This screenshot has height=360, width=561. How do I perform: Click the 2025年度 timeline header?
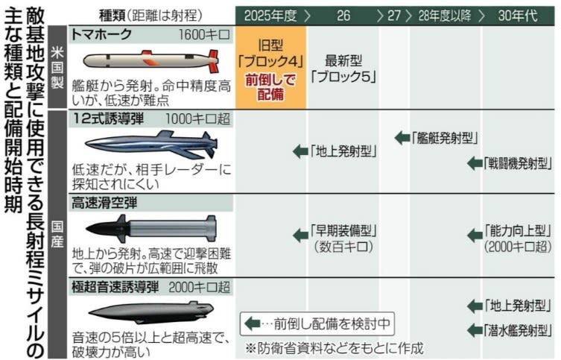[x=271, y=16]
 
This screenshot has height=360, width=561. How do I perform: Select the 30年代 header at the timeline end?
[x=518, y=16]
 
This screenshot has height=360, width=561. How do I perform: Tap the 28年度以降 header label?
[x=445, y=16]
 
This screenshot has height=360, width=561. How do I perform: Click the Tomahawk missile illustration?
[x=150, y=60]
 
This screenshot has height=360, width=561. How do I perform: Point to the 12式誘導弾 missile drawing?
[x=150, y=144]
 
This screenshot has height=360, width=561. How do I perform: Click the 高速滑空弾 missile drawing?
[x=150, y=227]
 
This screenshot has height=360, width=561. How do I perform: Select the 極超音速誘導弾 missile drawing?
[x=150, y=312]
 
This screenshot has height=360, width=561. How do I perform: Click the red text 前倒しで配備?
[x=270, y=87]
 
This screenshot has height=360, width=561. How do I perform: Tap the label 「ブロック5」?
[x=343, y=77]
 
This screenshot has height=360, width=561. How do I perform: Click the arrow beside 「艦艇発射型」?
[x=402, y=137]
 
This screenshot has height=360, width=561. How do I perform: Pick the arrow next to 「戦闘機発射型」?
[x=475, y=163]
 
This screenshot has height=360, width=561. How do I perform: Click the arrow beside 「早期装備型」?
[x=300, y=235]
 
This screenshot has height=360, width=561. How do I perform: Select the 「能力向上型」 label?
[x=518, y=231]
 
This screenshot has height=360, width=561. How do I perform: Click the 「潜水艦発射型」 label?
[x=518, y=330]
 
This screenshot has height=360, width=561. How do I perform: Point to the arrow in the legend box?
[x=253, y=323]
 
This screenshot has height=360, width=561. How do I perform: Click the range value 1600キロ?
[x=204, y=35]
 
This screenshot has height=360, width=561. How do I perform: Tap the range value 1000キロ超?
[x=198, y=119]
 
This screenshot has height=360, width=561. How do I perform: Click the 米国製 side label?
[x=57, y=67]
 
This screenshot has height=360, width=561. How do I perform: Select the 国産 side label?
[x=57, y=234]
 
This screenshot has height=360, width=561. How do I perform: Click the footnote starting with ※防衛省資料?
[x=335, y=347]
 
